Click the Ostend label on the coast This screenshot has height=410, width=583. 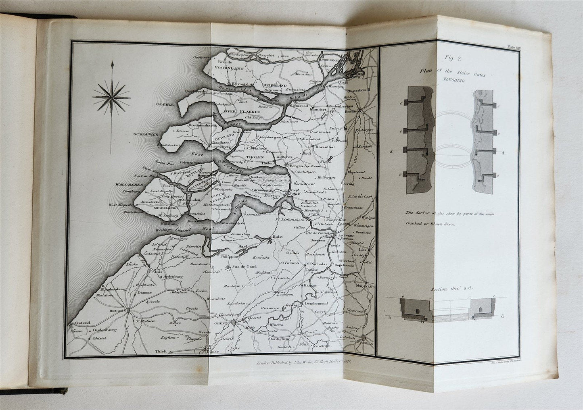[x=80, y=323]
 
